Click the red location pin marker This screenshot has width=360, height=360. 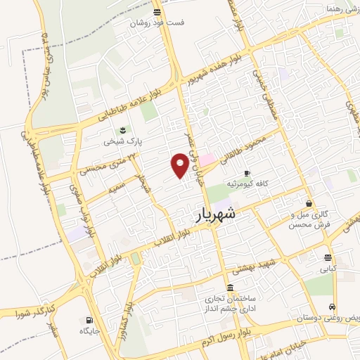click(180, 165)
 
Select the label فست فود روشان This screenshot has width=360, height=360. click(156, 22)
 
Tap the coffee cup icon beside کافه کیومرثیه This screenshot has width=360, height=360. click(246, 173)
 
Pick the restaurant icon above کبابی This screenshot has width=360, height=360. click(328, 257)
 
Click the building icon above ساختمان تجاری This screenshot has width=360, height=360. click(231, 288)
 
